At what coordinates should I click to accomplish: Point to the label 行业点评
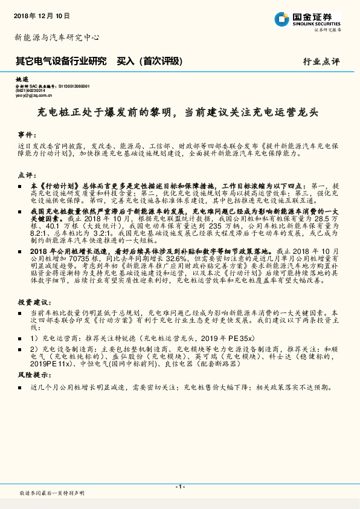(x=321, y=62)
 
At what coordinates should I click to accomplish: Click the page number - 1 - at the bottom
(x=179, y=487)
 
